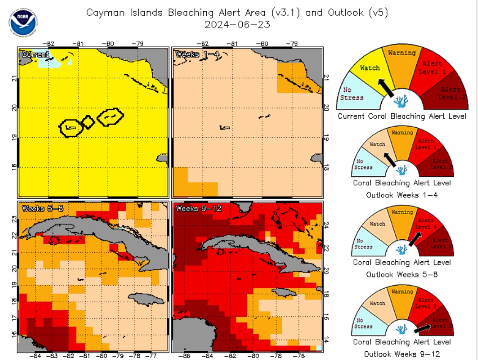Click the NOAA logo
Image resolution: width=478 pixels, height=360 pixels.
point(23,21)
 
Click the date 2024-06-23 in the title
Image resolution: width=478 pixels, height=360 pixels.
point(237,24)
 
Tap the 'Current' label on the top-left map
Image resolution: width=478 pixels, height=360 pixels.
point(35,54)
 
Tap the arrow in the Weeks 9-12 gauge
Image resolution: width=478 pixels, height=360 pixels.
point(423,328)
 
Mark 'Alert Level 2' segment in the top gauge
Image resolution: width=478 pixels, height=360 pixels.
point(449,92)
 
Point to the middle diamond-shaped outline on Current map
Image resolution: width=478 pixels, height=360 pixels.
point(88,122)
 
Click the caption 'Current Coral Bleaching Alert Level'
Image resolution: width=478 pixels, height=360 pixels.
point(402,116)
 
